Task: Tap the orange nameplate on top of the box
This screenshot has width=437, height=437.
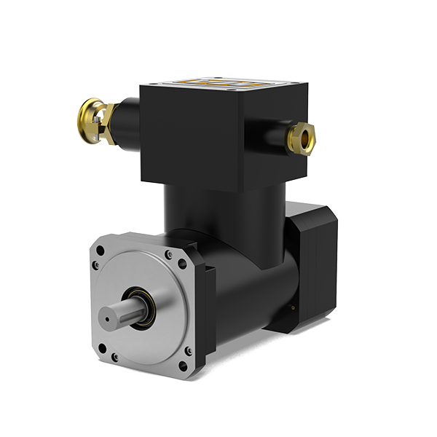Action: [227, 84]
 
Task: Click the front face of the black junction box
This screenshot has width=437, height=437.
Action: [191, 138]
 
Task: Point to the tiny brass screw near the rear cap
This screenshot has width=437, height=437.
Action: [292, 310]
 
